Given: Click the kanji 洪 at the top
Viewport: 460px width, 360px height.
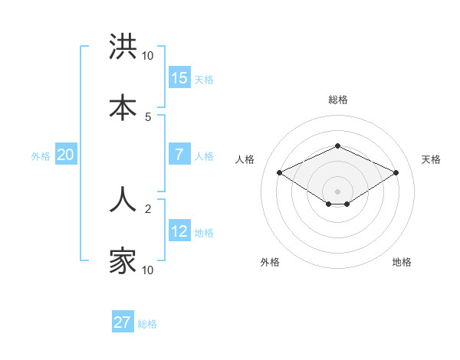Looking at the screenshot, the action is (123, 47).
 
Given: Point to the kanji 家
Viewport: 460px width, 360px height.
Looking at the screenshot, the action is (123, 260).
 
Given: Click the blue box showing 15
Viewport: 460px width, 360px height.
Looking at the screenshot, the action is (179, 78).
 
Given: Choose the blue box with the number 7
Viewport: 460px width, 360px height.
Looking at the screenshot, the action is (179, 155).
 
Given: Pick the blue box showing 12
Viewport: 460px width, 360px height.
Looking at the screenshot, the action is (179, 231).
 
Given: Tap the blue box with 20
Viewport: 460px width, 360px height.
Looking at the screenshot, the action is (66, 155).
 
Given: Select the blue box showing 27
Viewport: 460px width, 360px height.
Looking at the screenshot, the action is (123, 322).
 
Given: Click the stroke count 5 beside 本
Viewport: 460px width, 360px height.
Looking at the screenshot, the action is (148, 116).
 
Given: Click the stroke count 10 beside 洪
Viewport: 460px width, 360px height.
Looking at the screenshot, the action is (147, 56).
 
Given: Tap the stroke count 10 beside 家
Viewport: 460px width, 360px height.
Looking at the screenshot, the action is (147, 270).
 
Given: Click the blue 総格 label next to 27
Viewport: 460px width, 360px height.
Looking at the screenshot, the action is (147, 324).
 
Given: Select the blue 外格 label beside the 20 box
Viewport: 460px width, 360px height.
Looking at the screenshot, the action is (41, 156).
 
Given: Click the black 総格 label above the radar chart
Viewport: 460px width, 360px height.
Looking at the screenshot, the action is (337, 100).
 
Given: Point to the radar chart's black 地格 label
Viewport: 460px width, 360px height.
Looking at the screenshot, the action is (402, 262).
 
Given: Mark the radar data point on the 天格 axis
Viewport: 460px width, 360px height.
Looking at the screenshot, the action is (396, 172).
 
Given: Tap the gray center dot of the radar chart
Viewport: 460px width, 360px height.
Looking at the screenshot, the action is (337, 191).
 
